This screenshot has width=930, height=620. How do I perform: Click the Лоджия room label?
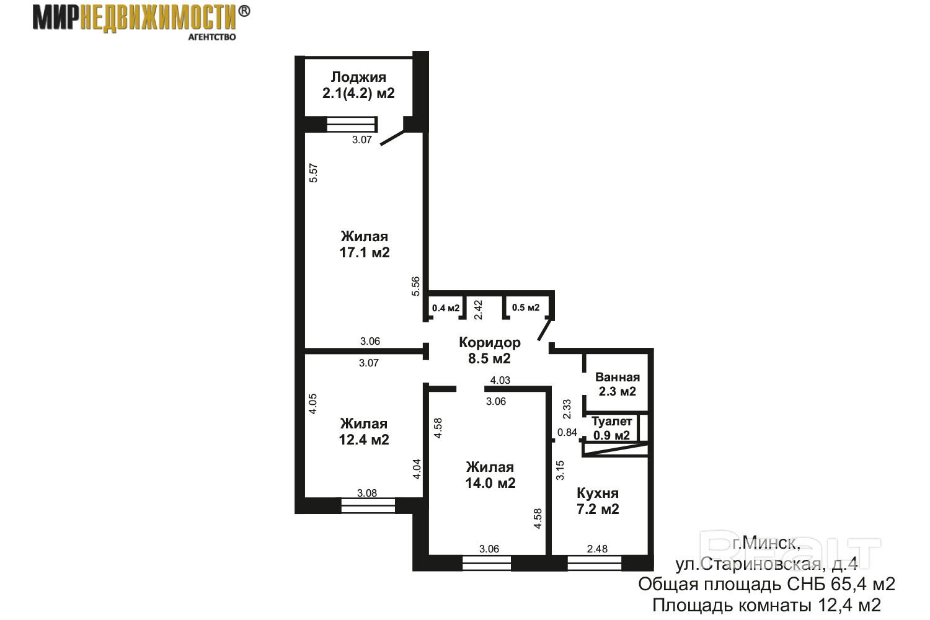tap(358, 77)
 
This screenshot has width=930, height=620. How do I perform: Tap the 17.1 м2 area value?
tap(365, 252)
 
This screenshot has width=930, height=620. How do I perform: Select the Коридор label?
tap(490, 343)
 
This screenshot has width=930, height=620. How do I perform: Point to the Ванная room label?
tap(618, 377)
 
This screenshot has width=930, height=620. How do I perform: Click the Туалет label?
tap(611, 421)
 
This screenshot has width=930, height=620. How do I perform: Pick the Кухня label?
tap(598, 494)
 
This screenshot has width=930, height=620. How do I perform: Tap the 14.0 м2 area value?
tap(490, 483)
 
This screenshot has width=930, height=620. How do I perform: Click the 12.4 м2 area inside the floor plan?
tap(364, 440)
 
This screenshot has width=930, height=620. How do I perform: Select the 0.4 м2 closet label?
tap(446, 308)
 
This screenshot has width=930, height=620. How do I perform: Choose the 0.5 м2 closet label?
tap(526, 308)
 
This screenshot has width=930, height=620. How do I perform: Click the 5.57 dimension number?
tap(314, 173)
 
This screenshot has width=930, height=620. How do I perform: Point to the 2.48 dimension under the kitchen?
tap(597, 549)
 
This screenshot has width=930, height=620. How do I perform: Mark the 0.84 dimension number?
tap(567, 432)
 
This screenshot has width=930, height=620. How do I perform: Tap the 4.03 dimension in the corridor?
tap(500, 380)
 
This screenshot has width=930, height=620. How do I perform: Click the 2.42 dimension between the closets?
tap(478, 310)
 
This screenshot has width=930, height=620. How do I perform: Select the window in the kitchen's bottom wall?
tap(594, 563)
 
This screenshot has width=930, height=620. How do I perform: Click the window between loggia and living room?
tap(352, 124)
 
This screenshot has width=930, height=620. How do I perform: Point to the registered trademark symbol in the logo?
tap(244, 11)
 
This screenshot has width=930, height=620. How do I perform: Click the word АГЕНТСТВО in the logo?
tap(212, 37)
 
